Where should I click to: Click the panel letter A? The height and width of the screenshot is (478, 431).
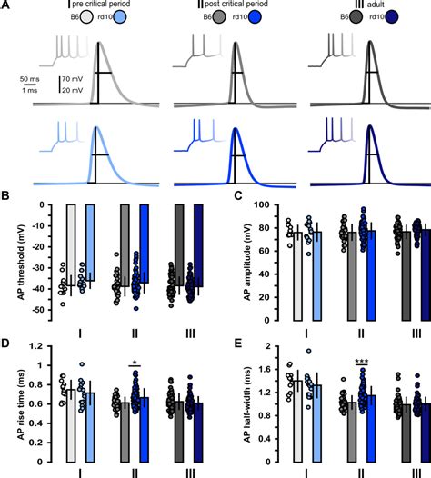5,5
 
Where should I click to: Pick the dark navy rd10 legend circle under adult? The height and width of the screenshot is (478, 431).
401,18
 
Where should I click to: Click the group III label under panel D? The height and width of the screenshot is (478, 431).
187,472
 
